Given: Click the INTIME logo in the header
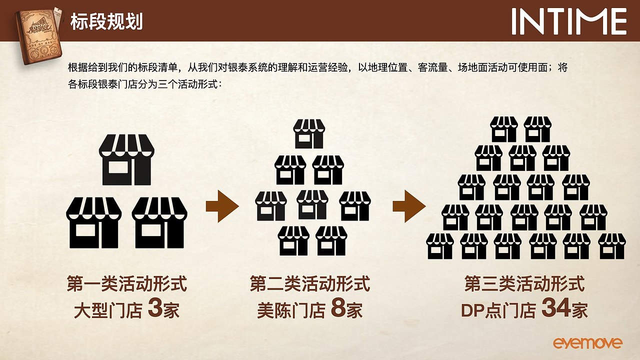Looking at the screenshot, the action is click(x=569, y=21).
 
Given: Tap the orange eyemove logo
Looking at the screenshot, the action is click(x=587, y=343).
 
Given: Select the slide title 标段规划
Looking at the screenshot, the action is click(x=106, y=21).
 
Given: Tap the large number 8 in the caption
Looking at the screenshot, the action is click(x=338, y=309).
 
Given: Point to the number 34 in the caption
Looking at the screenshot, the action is click(x=556, y=309).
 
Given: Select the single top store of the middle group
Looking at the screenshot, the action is click(x=309, y=133).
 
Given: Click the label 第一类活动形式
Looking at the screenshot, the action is click(x=127, y=284).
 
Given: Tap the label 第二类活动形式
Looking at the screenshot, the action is click(x=310, y=284).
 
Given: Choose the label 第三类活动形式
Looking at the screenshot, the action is click(x=524, y=284).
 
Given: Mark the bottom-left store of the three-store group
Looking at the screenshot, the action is click(x=93, y=222).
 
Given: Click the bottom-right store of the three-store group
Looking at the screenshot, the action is click(x=159, y=222).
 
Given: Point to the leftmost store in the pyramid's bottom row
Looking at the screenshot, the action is click(x=440, y=246).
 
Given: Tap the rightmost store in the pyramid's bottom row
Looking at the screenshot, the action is click(x=612, y=246).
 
